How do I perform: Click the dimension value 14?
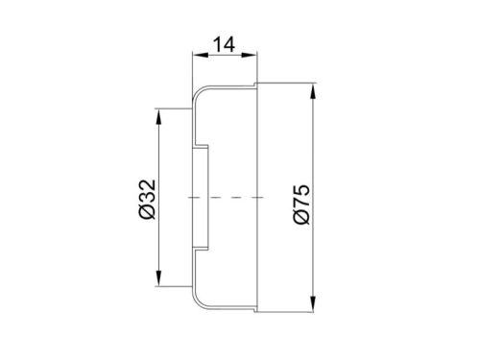[224, 44]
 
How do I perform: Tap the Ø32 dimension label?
[148, 199]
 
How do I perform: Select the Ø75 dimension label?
[301, 204]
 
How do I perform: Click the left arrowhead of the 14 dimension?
[201, 55]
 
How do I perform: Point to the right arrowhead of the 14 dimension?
[250, 55]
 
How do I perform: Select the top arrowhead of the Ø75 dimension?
[313, 91]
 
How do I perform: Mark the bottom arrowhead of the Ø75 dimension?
[313, 304]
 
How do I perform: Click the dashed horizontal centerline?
[226, 198]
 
